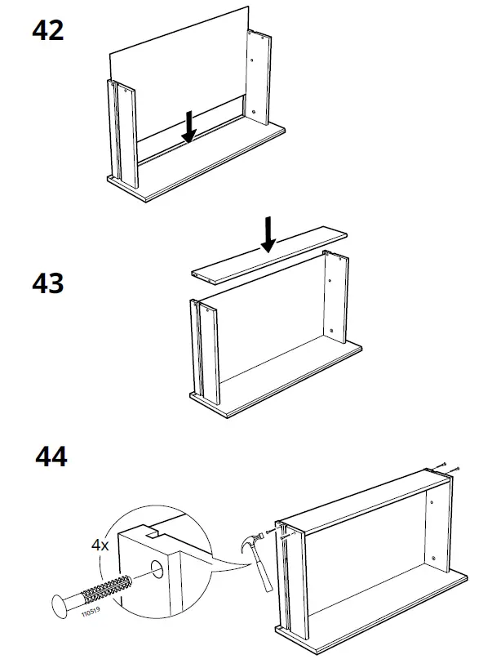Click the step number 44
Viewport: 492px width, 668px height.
coord(51,456)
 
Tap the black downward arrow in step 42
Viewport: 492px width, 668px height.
coord(189,127)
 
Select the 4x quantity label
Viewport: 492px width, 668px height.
coord(100,545)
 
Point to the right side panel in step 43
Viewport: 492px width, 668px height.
coord(336,302)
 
